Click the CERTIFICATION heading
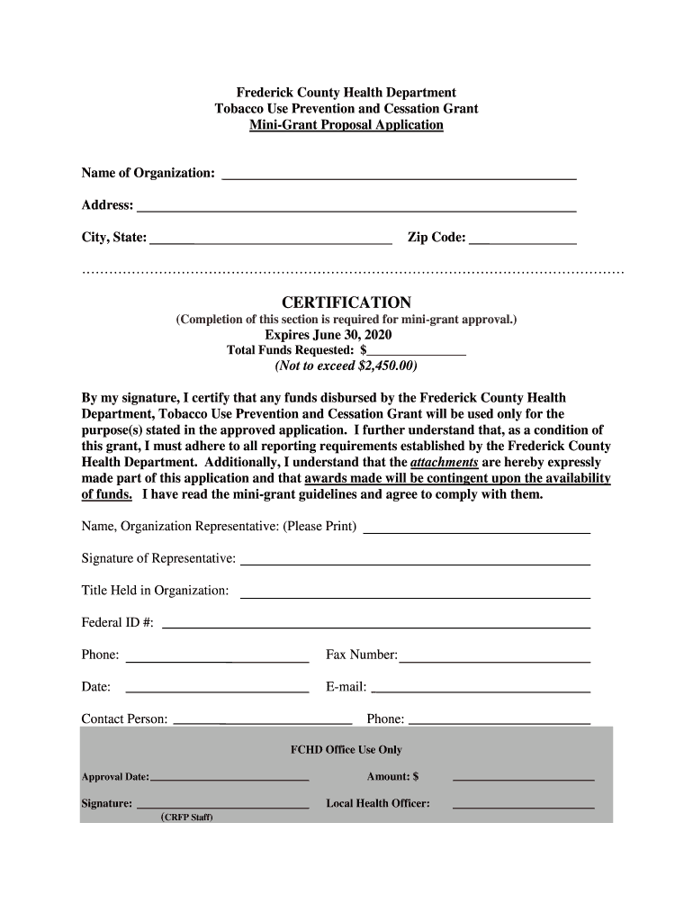(346, 303)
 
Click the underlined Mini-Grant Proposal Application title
(346, 124)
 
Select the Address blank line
(355, 207)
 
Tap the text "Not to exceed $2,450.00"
(346, 366)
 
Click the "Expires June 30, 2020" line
(346, 335)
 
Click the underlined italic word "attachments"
(444, 462)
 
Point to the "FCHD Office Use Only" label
(346, 750)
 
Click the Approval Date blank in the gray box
(229, 777)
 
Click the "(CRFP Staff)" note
(187, 818)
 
